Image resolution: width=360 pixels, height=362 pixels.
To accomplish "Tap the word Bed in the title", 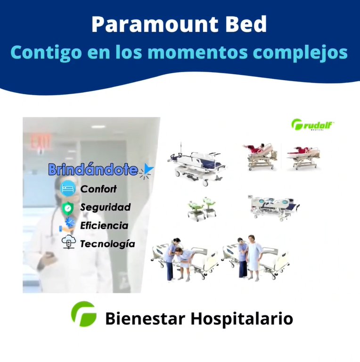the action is pos(246,24).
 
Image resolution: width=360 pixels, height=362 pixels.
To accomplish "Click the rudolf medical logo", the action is pos(313,124).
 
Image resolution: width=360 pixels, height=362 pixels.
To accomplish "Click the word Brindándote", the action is pos(93,169).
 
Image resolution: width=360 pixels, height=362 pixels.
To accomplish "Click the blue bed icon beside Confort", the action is pos(68,189).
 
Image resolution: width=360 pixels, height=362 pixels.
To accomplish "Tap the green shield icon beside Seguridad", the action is pos(67,208).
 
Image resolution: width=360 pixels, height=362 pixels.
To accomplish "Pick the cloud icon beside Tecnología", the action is pos(69,242).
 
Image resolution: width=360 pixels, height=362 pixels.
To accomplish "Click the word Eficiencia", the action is pos(104,226).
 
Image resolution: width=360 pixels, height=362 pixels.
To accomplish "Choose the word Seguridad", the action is pos(106,207).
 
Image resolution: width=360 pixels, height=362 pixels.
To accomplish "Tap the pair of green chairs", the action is pos(202,209).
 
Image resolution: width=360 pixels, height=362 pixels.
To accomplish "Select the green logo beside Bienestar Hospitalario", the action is pos(84,314).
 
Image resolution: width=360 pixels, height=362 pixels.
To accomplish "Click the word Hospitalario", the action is pos(242,319).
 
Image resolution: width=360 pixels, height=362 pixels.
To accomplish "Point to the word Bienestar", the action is pos(146,319).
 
